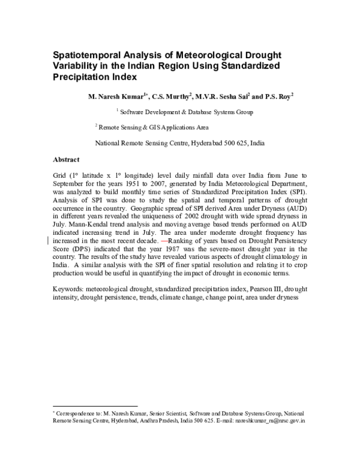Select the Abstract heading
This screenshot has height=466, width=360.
tap(67, 160)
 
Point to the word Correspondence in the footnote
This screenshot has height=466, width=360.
tap(77, 414)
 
